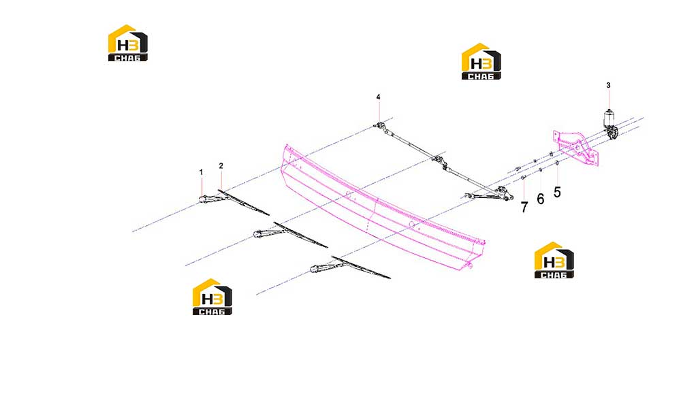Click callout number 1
pyautogui.click(x=201, y=172)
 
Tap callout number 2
pyautogui.click(x=221, y=166)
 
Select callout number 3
pyautogui.click(x=608, y=86)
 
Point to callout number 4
pyautogui.click(x=378, y=97)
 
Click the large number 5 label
pyautogui.click(x=557, y=192)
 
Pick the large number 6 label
pyautogui.click(x=540, y=199)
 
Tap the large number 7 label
pyautogui.click(x=524, y=208)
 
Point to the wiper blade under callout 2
pyautogui.click(x=243, y=202)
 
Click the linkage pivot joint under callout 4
pyautogui.click(x=379, y=127)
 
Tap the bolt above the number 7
pyautogui.click(x=523, y=178)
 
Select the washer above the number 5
pyautogui.click(x=557, y=163)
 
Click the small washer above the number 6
pyautogui.click(x=541, y=170)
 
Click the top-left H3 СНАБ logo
pyautogui.click(x=128, y=43)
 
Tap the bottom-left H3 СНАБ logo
pyautogui.click(x=212, y=297)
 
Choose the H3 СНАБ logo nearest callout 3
pyautogui.click(x=481, y=61)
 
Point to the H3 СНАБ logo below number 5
pyautogui.click(x=554, y=260)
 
